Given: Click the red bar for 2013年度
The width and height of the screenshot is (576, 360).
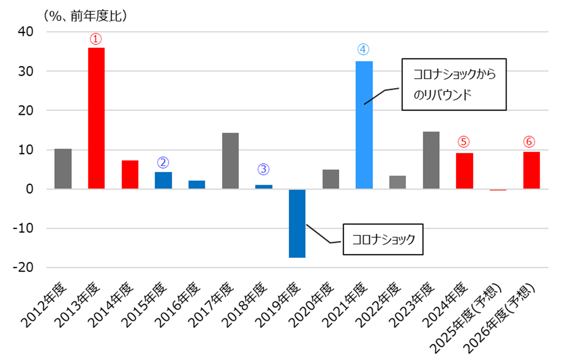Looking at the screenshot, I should (96, 118).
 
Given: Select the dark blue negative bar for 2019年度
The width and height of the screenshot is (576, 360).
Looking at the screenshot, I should (297, 223).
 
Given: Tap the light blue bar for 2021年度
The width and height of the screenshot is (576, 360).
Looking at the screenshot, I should (364, 125).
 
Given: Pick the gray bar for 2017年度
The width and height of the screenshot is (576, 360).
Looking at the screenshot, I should (230, 161).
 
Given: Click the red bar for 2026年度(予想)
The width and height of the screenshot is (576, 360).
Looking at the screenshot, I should (531, 170).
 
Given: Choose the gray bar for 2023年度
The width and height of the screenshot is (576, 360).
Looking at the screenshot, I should (431, 160).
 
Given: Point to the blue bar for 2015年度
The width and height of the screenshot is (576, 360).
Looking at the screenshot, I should (163, 180).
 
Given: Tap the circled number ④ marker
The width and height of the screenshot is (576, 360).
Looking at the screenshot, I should (364, 49).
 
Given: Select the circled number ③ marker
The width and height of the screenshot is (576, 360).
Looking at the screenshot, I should (263, 169).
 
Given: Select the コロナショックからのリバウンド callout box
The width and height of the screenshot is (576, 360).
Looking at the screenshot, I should (454, 84).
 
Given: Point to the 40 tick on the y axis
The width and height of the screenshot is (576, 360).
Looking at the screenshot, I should (26, 32).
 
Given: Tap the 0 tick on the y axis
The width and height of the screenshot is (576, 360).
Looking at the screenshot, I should (30, 189).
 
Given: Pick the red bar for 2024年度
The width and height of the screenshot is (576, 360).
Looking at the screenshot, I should (464, 171).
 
